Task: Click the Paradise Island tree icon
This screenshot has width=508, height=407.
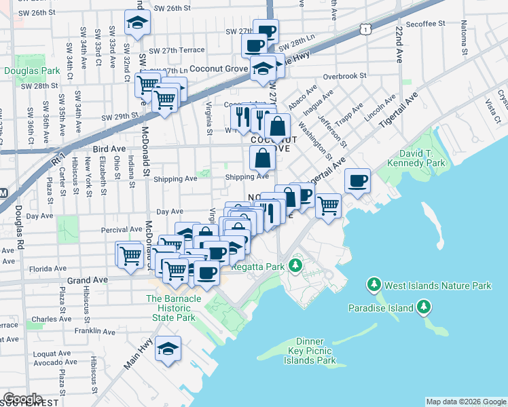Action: point(424,308)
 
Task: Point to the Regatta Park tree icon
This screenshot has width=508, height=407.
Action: point(295,265)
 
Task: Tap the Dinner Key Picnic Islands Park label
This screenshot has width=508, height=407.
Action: point(306,351)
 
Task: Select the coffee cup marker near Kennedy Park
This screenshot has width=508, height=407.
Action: point(357,181)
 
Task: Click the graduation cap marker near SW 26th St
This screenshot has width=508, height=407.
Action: point(138,23)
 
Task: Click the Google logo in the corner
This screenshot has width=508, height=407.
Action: point(22,399)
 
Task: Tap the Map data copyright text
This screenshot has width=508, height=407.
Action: point(465,402)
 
